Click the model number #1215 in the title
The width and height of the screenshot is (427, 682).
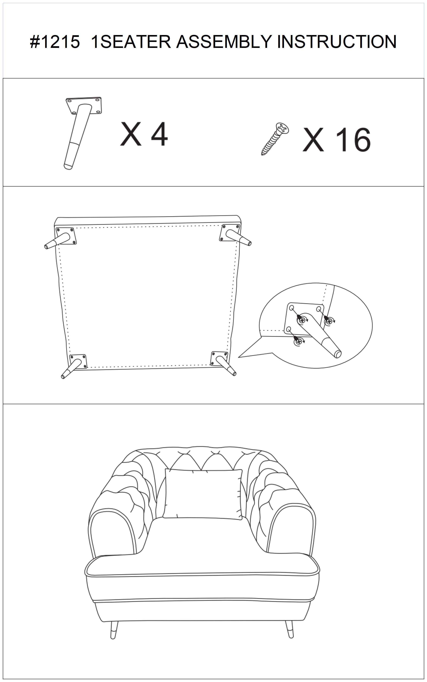click(55, 42)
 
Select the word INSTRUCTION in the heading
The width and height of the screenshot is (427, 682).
click(337, 42)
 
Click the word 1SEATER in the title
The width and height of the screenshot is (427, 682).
click(131, 42)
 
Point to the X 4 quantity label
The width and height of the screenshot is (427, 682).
click(144, 134)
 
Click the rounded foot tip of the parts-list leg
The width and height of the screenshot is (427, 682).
click(68, 166)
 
